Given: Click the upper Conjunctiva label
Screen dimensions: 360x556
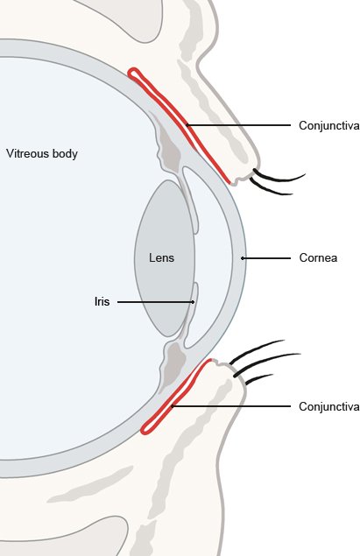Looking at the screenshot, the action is click(x=329, y=125).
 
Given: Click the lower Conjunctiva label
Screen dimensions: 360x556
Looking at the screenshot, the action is click(x=329, y=406).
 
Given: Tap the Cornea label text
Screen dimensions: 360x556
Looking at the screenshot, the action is click(x=318, y=257).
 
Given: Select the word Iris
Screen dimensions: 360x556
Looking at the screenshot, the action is click(x=102, y=302).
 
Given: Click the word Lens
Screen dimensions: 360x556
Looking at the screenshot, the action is click(x=161, y=257).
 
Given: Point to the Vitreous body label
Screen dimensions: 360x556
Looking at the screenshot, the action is click(x=42, y=154).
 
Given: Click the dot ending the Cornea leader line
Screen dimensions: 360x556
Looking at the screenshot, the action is click(x=243, y=258).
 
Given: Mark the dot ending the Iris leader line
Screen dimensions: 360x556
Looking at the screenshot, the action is click(x=193, y=302).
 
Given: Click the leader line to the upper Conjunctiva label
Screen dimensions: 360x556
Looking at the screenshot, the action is click(x=238, y=125).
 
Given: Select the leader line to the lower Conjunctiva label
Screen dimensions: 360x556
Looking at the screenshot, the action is click(x=231, y=406).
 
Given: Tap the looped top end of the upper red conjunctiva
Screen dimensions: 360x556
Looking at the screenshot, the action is click(x=134, y=73).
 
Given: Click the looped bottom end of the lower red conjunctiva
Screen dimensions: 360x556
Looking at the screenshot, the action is click(x=146, y=429).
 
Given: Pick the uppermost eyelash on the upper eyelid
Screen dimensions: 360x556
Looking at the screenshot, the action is click(x=279, y=178).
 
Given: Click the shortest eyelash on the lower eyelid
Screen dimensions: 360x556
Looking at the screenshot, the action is click(x=259, y=379).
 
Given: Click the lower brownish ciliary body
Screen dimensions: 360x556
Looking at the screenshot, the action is click(x=173, y=364).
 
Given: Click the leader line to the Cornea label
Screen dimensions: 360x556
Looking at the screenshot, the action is click(x=266, y=258).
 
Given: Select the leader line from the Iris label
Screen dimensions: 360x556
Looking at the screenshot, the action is click(x=155, y=302).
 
